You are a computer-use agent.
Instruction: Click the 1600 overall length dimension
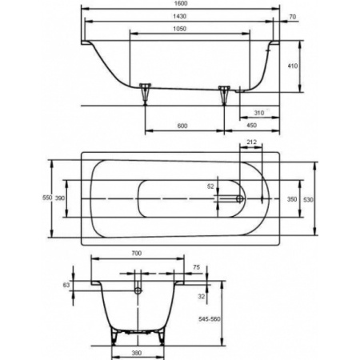coord(180,3)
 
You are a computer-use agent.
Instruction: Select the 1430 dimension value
coord(180,16)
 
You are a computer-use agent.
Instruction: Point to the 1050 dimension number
coord(180,29)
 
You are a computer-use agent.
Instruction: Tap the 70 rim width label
coord(293,17)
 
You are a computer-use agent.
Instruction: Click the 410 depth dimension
coord(293,66)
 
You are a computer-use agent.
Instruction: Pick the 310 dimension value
coord(259,113)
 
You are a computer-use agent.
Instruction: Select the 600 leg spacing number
coord(182,126)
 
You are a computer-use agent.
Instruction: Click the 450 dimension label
coord(251,126)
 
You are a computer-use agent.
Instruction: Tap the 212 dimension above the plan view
coord(251,142)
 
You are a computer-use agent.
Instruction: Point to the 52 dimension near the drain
coord(210,186)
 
